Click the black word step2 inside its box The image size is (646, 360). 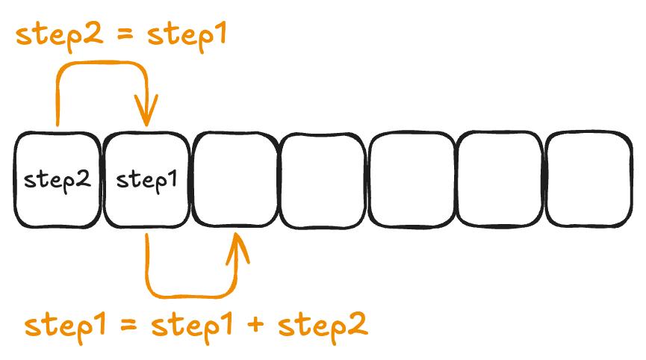coord(57,179)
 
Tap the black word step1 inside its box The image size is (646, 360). coord(146,179)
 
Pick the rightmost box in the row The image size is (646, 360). coord(590,179)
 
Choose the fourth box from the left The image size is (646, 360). coord(323,179)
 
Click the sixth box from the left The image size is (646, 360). coord(500,179)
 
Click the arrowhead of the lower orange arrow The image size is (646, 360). coord(238,243)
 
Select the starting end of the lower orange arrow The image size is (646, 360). coord(148,238)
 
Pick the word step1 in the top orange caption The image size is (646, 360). coord(187,35)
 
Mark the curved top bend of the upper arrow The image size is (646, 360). coord(101,65)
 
